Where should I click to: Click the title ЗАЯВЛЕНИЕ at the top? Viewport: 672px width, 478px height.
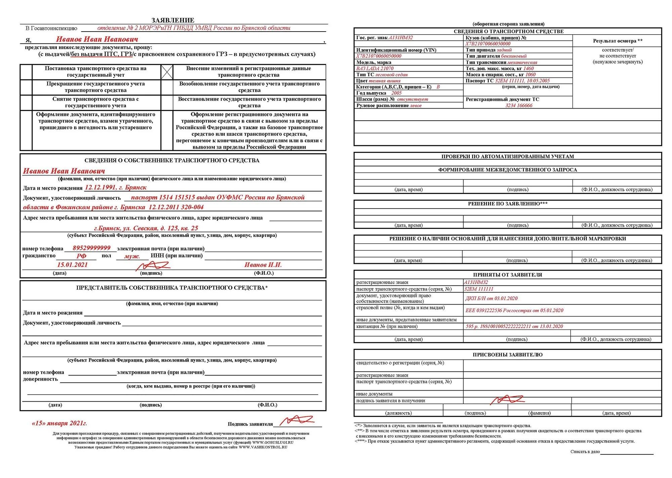(x=173, y=20)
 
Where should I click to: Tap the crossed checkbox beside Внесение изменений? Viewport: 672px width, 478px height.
(x=167, y=72)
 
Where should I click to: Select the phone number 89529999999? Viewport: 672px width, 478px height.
(x=91, y=248)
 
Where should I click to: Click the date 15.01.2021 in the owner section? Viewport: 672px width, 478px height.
(x=72, y=265)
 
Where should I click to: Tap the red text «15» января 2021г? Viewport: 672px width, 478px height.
(x=59, y=423)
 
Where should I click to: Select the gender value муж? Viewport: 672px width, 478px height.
(x=132, y=256)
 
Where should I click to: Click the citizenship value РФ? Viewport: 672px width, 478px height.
(x=81, y=256)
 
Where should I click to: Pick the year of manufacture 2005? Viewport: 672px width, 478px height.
(x=396, y=93)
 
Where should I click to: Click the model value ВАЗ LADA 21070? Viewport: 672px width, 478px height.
(x=375, y=69)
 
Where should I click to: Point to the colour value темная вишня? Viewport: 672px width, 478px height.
(x=385, y=81)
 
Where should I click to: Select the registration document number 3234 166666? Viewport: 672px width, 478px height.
(x=519, y=106)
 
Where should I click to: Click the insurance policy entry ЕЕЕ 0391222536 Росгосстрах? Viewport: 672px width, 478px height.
(x=514, y=310)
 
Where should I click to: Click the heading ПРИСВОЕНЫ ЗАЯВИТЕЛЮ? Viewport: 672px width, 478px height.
(x=507, y=355)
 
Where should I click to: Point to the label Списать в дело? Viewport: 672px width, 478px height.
(x=585, y=452)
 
